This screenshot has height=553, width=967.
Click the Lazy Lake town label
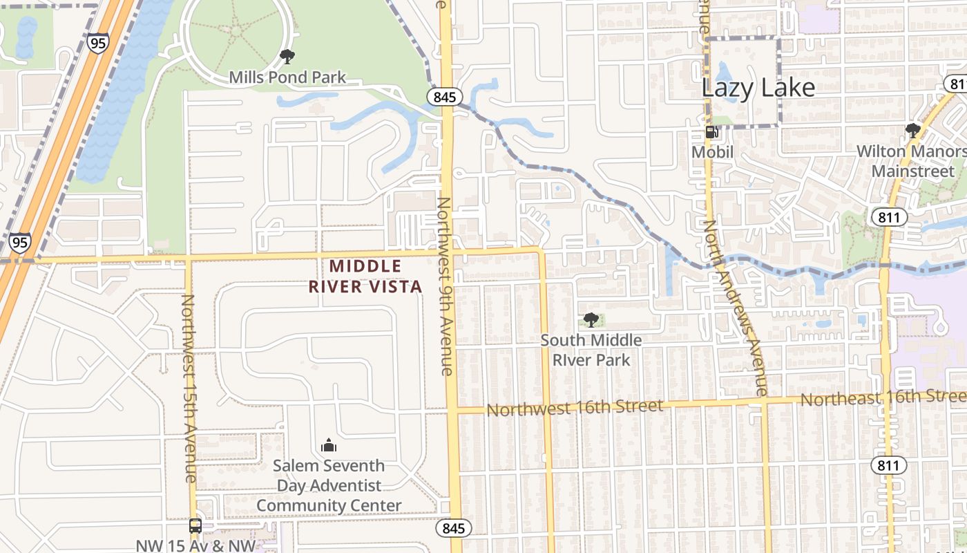[x=758, y=88]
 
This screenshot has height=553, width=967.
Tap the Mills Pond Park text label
[x=287, y=77]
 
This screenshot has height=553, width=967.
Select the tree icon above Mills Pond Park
[x=287, y=57]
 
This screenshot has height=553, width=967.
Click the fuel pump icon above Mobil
[x=711, y=132]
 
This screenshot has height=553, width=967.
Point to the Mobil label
[x=712, y=151]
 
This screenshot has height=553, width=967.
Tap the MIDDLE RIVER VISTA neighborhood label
[x=365, y=276]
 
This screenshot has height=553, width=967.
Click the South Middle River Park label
[x=591, y=350]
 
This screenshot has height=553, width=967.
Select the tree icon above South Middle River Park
[x=591, y=320]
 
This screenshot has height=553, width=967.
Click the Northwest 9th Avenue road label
[x=446, y=286]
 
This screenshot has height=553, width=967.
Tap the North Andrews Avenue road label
[x=735, y=308]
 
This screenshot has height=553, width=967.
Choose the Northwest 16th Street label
[x=575, y=407]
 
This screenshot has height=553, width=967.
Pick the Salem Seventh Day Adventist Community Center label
[x=329, y=485]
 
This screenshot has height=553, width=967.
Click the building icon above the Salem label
[x=329, y=445]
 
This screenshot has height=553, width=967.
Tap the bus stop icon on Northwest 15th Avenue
[x=195, y=526]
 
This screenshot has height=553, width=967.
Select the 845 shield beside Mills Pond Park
[x=444, y=97]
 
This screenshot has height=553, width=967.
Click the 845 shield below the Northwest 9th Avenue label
[x=454, y=529]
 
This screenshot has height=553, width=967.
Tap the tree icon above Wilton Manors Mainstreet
[x=913, y=131]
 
